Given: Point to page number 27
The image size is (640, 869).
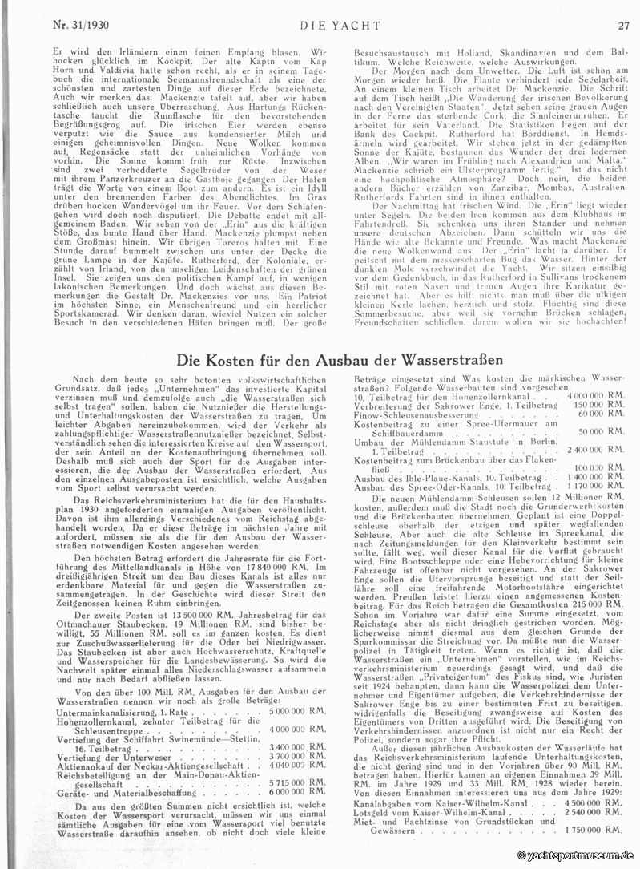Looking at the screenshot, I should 623,25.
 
